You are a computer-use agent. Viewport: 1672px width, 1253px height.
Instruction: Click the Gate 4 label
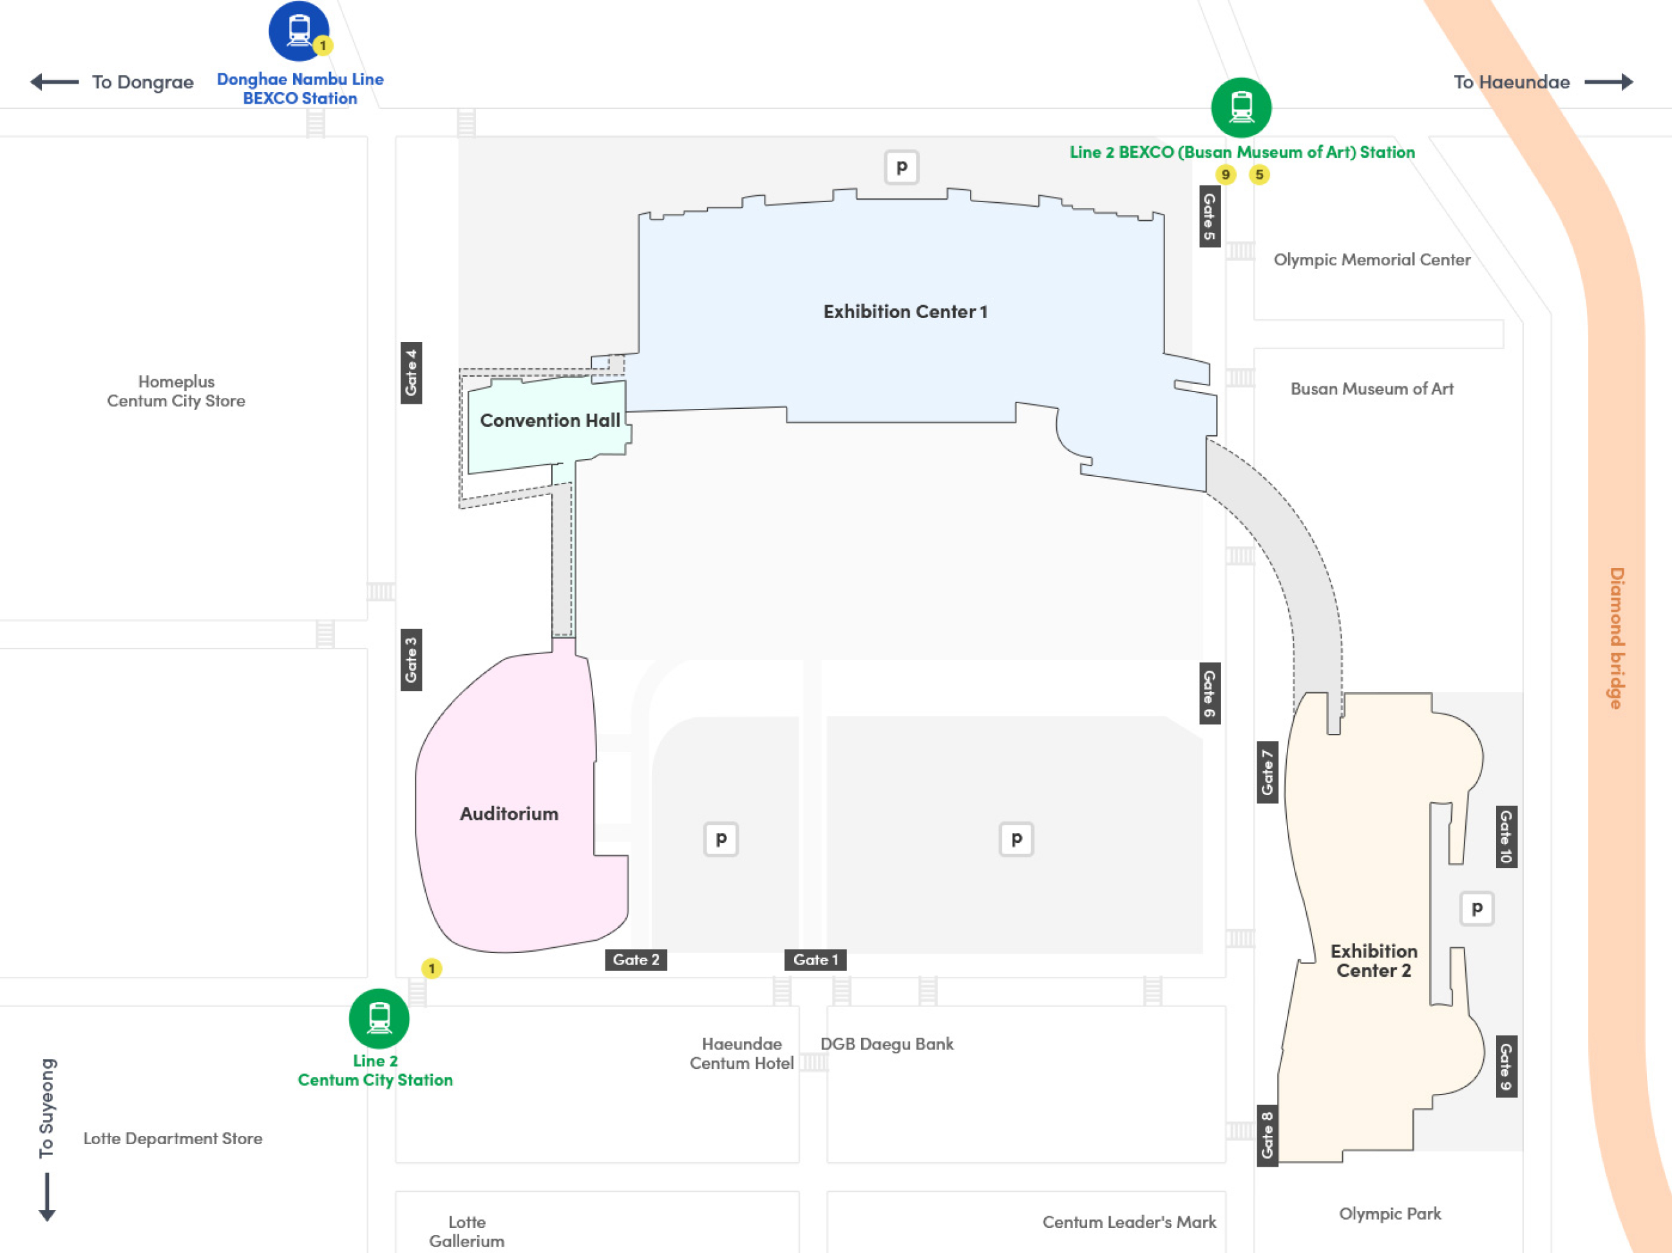[411, 373]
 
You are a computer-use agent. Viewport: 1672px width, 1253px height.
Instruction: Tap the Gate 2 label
[636, 960]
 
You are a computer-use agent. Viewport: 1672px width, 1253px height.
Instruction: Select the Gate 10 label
[1506, 836]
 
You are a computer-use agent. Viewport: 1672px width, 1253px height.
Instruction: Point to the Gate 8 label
[1268, 1136]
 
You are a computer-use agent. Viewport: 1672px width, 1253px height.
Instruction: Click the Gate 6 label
[1210, 693]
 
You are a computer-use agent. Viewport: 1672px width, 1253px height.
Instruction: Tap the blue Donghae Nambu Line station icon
[299, 31]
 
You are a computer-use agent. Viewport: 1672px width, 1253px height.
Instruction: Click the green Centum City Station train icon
[379, 1019]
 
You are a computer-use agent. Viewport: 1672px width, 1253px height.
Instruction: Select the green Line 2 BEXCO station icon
[1241, 108]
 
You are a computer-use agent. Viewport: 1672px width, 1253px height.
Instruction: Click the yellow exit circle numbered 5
[1259, 174]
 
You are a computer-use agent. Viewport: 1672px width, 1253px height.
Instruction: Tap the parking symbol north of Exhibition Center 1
[902, 167]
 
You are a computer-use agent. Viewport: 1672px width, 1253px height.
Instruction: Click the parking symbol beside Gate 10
[1477, 909]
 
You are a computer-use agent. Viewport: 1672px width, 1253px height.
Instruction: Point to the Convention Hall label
[550, 420]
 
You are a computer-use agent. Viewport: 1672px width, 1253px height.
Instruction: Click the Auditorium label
[509, 814]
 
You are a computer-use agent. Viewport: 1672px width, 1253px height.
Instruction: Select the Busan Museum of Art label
[1372, 388]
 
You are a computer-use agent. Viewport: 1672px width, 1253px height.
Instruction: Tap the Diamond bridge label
[1616, 638]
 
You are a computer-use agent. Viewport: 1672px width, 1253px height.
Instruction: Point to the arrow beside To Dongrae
[54, 82]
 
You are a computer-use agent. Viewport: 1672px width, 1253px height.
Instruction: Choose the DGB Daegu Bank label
[887, 1044]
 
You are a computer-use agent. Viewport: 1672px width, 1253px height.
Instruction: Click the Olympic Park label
[1390, 1214]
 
